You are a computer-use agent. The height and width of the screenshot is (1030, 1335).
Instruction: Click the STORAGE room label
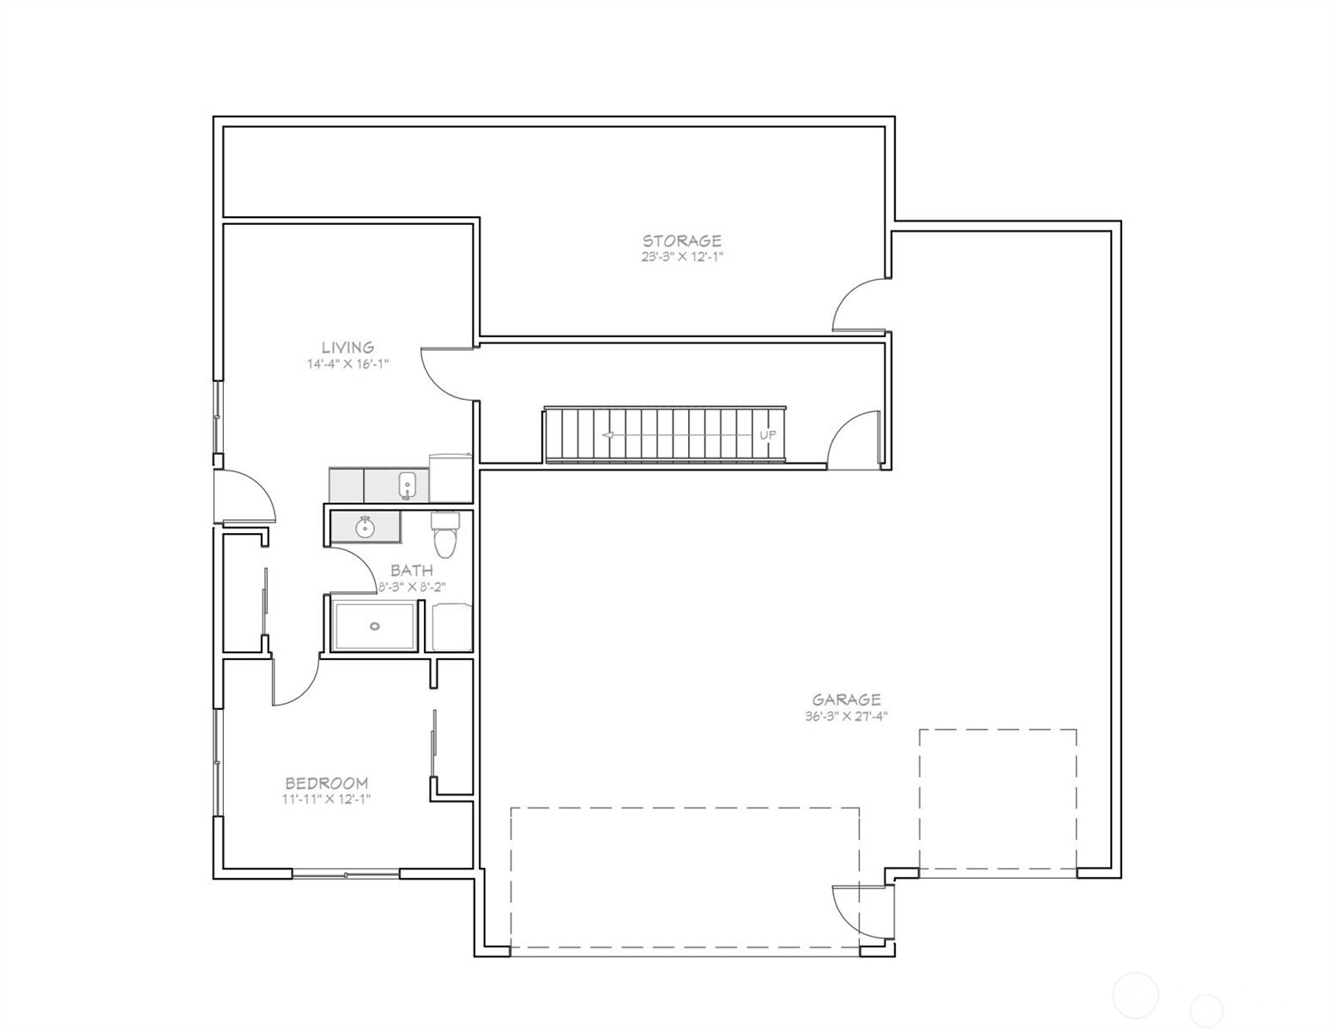point(682,240)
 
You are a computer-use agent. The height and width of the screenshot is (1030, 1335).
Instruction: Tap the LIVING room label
point(347,348)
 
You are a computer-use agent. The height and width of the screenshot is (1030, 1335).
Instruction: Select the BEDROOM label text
point(327,783)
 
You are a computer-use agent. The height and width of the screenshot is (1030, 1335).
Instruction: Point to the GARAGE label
point(847,700)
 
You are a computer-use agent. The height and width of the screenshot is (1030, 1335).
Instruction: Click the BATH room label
point(412,570)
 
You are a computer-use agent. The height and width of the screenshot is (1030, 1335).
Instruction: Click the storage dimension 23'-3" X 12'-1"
point(682,257)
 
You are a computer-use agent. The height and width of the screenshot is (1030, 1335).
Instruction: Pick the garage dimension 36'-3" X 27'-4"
point(847,716)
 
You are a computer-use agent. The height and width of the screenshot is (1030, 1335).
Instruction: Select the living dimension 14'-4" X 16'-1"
point(347,364)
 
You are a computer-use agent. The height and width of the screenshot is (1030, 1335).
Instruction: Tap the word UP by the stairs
point(768,435)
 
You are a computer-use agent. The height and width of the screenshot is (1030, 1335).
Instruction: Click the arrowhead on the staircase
point(607,435)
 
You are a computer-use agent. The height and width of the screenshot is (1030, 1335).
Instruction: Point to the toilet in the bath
point(444,535)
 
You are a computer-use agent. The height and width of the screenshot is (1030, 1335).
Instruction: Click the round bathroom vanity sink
point(365,527)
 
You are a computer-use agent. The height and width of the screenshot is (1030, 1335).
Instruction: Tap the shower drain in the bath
point(375,627)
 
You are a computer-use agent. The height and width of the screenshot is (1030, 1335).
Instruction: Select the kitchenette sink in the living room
point(408,486)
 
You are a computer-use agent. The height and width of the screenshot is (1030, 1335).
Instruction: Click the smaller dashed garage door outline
point(998,799)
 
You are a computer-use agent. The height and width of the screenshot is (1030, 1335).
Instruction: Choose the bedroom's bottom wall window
point(346,874)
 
